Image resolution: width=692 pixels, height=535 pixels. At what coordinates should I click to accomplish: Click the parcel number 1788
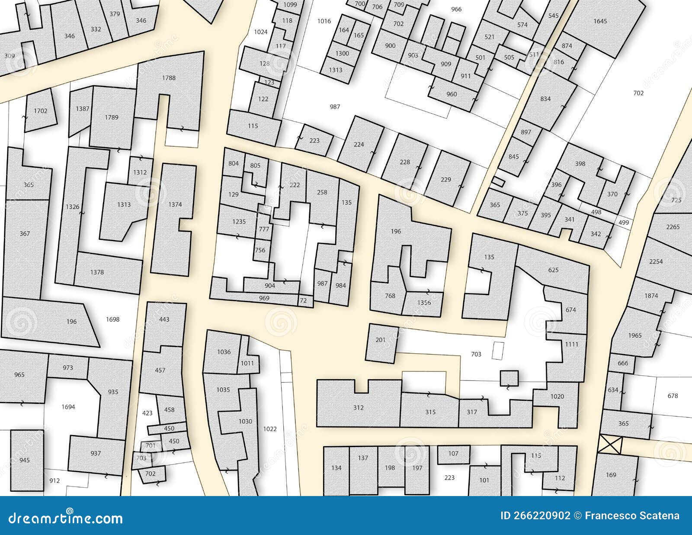[169, 78]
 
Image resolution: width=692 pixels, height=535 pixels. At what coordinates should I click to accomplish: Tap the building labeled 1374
[175, 204]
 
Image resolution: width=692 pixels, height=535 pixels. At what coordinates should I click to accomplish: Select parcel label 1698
[112, 319]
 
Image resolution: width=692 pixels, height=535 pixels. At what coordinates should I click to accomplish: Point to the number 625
[553, 270]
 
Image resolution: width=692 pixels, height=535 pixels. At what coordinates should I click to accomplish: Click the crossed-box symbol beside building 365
[610, 445]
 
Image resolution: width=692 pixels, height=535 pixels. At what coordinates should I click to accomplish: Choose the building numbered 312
[358, 407]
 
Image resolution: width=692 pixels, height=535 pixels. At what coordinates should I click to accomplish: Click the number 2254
[656, 261]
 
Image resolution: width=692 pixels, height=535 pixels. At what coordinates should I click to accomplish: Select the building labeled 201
[380, 340]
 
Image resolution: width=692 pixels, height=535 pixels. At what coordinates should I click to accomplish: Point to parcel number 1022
[270, 429]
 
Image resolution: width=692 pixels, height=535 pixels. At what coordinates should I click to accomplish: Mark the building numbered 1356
[424, 303]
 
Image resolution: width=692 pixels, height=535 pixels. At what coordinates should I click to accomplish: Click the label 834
[545, 99]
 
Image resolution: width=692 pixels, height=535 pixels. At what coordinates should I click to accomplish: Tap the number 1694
[68, 407]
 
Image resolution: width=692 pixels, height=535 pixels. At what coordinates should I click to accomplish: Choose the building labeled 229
[445, 180]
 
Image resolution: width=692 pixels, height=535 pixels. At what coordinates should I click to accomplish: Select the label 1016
[324, 21]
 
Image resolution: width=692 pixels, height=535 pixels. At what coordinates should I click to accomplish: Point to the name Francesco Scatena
[632, 516]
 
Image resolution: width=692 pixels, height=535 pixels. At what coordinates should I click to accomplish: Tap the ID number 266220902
[535, 516]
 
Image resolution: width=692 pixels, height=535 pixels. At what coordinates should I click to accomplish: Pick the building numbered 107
[453, 454]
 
